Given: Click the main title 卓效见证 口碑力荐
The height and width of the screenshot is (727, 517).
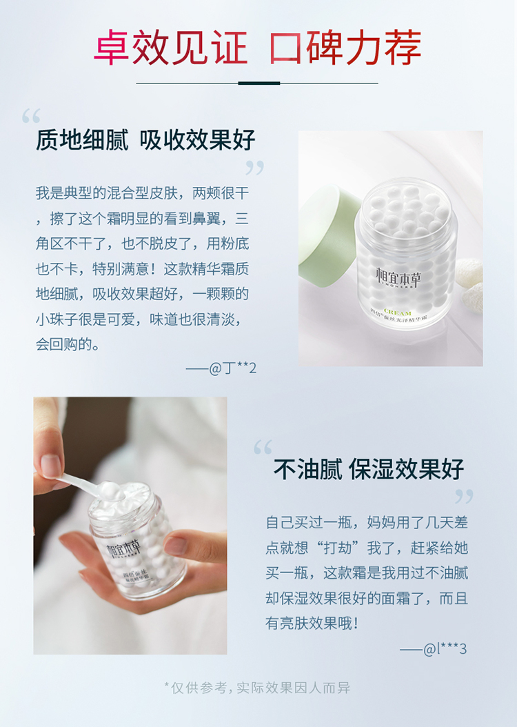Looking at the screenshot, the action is click(x=258, y=48).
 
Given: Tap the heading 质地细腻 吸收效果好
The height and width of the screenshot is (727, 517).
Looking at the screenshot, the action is click(x=145, y=139).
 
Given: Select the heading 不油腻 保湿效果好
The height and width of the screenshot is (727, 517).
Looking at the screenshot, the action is click(x=369, y=469).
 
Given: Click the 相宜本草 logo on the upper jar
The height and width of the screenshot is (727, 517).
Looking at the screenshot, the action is click(x=398, y=277).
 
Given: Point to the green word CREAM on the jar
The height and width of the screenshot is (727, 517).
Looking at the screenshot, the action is click(x=398, y=312).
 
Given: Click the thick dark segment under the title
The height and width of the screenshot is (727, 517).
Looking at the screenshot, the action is click(x=259, y=83).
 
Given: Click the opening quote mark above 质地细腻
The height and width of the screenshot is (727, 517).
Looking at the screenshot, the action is click(x=31, y=116).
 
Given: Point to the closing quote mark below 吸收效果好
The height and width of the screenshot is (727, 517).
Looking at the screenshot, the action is click(x=254, y=168).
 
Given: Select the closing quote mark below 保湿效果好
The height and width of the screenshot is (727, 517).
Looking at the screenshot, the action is click(x=464, y=497).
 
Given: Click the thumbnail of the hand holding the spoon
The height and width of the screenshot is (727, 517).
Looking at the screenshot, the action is click(x=130, y=526).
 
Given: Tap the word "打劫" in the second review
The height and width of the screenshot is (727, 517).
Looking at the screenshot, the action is click(x=338, y=548).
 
